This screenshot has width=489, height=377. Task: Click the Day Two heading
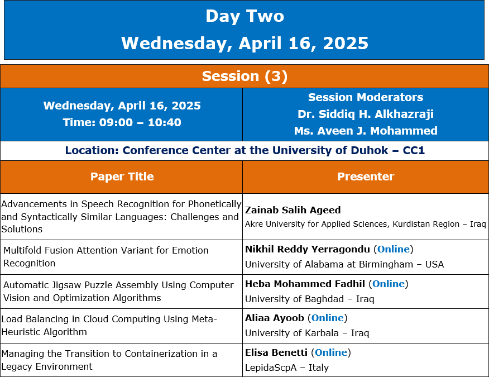coord(245,16)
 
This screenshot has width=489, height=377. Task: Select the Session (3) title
coord(245,76)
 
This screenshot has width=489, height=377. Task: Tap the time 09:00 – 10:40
coord(140,122)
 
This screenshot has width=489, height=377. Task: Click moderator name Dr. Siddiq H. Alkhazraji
coord(366,114)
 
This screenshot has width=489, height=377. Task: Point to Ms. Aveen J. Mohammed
coord(366,131)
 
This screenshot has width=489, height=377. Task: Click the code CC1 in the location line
coord(414,150)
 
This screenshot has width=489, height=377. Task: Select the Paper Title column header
coord(122,176)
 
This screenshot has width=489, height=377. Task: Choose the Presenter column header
coord(366,176)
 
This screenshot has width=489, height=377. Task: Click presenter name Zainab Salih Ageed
coord(293,210)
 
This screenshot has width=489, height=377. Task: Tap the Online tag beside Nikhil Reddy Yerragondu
coord(393,249)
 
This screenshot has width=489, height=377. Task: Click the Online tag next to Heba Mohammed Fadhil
coord(389,284)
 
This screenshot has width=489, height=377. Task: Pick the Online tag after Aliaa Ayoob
coord(328,318)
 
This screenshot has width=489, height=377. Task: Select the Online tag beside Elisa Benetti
coord(331,352)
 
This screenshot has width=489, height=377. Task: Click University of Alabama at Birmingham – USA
coord(344,264)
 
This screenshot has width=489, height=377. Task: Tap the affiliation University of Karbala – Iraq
coord(307,333)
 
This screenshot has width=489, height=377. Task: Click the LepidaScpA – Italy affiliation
coord(287,368)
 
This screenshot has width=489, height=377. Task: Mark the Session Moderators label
coord(366,97)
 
